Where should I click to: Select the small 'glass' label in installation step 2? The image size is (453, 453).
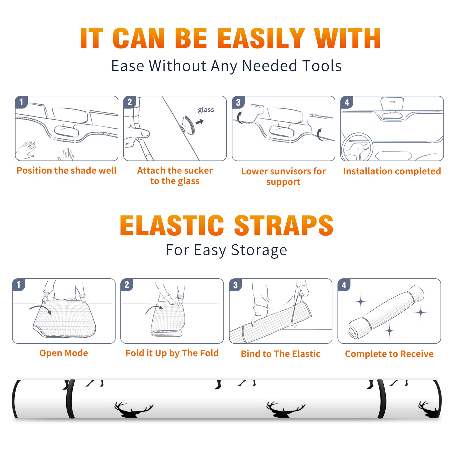coord(206,110)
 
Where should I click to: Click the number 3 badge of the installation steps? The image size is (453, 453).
coord(238,102)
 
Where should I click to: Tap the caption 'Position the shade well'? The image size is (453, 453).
coord(67,170)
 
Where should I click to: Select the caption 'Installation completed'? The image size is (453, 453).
coord(392,171)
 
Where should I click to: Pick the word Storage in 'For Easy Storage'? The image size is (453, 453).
coord(259,250)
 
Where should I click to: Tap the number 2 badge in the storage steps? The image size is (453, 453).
coord(127,285)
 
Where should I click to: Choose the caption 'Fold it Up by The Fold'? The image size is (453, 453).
coord(172,353)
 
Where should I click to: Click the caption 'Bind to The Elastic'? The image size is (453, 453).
coord(281,354)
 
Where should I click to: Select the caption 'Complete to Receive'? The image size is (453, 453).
coord(389,354)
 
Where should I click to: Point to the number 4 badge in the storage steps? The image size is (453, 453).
coord(344,285)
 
